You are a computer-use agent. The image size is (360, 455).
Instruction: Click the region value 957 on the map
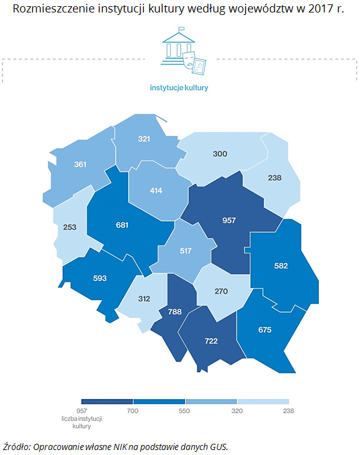click(229, 221)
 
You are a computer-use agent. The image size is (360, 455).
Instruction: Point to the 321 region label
click(144, 139)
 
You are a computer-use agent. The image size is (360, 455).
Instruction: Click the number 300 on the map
click(220, 153)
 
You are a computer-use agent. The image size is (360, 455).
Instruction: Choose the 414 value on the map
click(156, 190)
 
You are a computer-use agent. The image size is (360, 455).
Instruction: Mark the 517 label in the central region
click(186, 251)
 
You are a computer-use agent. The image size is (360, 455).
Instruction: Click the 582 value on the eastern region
click(281, 265)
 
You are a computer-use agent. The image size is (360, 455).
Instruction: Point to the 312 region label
click(143, 299)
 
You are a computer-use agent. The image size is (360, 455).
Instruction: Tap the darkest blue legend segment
click(107, 401)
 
